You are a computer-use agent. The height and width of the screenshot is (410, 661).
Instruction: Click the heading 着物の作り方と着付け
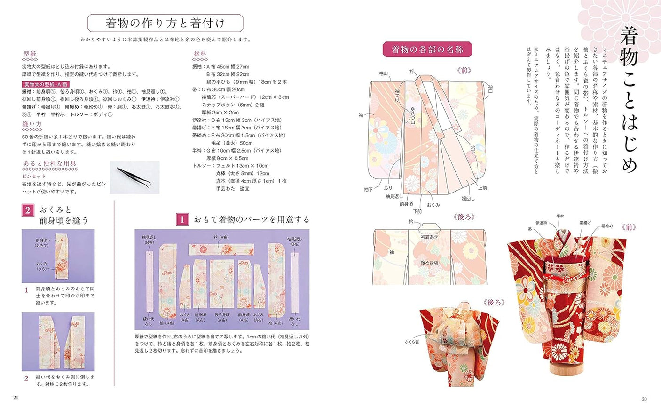click(165, 23)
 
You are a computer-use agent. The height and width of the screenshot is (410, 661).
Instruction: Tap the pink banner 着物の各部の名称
click(427, 49)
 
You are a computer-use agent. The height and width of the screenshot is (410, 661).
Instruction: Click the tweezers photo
click(134, 177)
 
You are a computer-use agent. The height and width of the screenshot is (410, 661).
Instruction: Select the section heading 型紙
click(30, 54)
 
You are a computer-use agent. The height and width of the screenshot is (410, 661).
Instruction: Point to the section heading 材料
click(200, 54)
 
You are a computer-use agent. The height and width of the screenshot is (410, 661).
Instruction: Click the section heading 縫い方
click(32, 124)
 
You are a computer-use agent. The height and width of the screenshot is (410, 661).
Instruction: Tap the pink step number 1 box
click(182, 219)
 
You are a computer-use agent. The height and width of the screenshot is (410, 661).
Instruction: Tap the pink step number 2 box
click(28, 210)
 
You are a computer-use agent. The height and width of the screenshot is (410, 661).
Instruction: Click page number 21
click(16, 398)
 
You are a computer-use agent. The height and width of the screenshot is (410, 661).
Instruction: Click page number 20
click(644, 399)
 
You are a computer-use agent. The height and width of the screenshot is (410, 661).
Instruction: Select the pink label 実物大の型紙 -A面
click(46, 84)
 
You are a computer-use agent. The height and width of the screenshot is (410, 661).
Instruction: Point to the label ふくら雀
click(411, 342)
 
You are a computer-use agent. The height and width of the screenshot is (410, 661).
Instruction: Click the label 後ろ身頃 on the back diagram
click(429, 263)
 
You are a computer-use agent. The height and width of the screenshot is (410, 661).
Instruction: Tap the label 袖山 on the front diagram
click(383, 73)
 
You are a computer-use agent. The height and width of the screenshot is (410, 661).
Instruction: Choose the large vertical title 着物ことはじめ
click(629, 99)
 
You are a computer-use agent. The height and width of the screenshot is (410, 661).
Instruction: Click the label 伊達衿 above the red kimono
click(541, 223)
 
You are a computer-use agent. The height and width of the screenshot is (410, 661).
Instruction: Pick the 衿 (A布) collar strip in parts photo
click(221, 249)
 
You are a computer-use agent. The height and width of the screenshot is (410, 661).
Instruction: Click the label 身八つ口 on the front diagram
click(412, 116)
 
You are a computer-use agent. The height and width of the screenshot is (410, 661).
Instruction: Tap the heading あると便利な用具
click(49, 164)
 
